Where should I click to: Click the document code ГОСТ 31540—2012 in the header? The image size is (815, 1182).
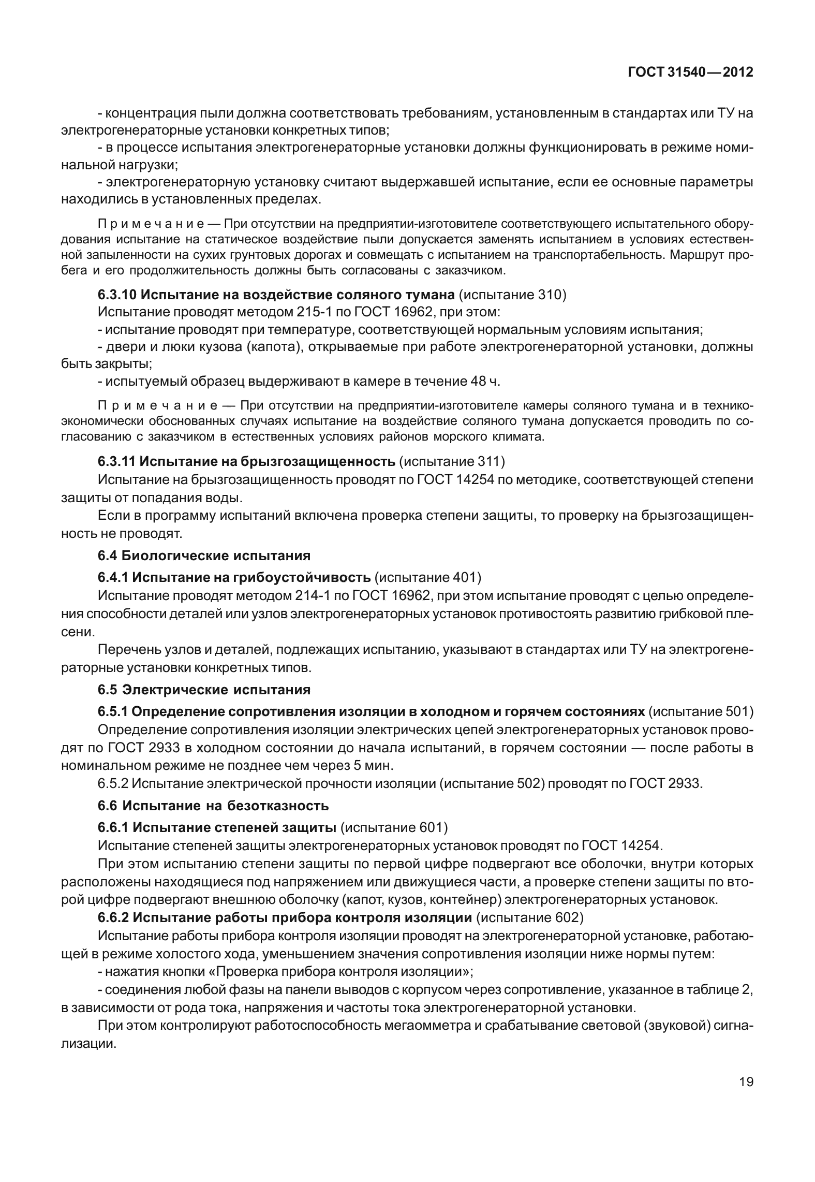(x=690, y=72)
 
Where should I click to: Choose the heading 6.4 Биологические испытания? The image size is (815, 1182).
(x=204, y=556)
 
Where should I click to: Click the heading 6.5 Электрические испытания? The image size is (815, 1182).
(x=204, y=690)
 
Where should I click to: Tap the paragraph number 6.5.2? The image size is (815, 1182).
(x=112, y=783)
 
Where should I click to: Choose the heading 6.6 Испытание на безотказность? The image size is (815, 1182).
(x=213, y=806)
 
